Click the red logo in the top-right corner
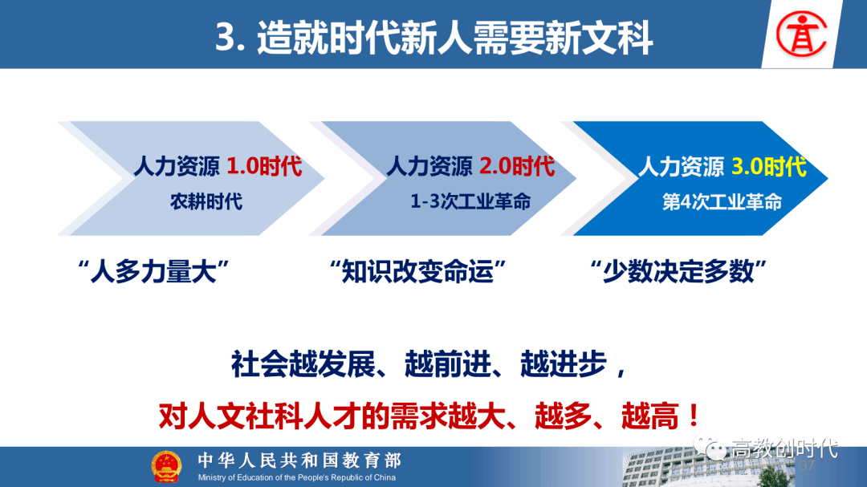click(804, 34)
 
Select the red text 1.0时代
click(264, 167)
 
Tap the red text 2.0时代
click(517, 167)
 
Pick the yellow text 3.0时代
click(768, 167)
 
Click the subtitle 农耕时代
click(206, 201)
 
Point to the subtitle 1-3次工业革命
click(470, 201)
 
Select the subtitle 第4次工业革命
click(722, 201)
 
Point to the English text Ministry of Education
click(297, 478)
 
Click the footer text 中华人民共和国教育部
click(299, 461)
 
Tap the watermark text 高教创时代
click(784, 448)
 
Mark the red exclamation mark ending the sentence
click(691, 416)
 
